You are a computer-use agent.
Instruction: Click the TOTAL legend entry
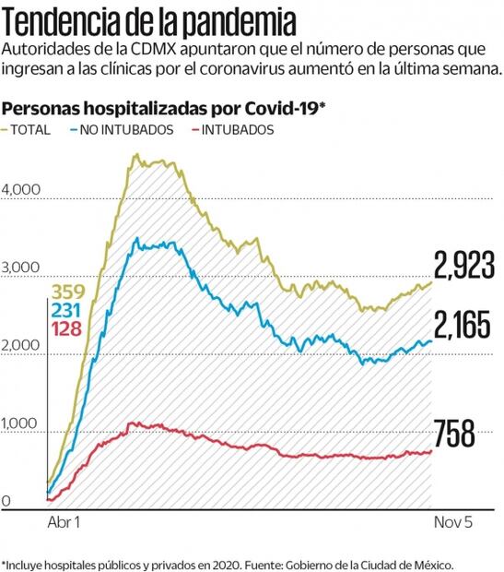(30, 130)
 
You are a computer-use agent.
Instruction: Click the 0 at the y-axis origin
(6, 502)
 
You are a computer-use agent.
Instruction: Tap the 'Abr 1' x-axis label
(64, 522)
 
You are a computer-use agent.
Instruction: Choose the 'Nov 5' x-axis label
(453, 522)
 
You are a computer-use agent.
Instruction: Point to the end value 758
(453, 432)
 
